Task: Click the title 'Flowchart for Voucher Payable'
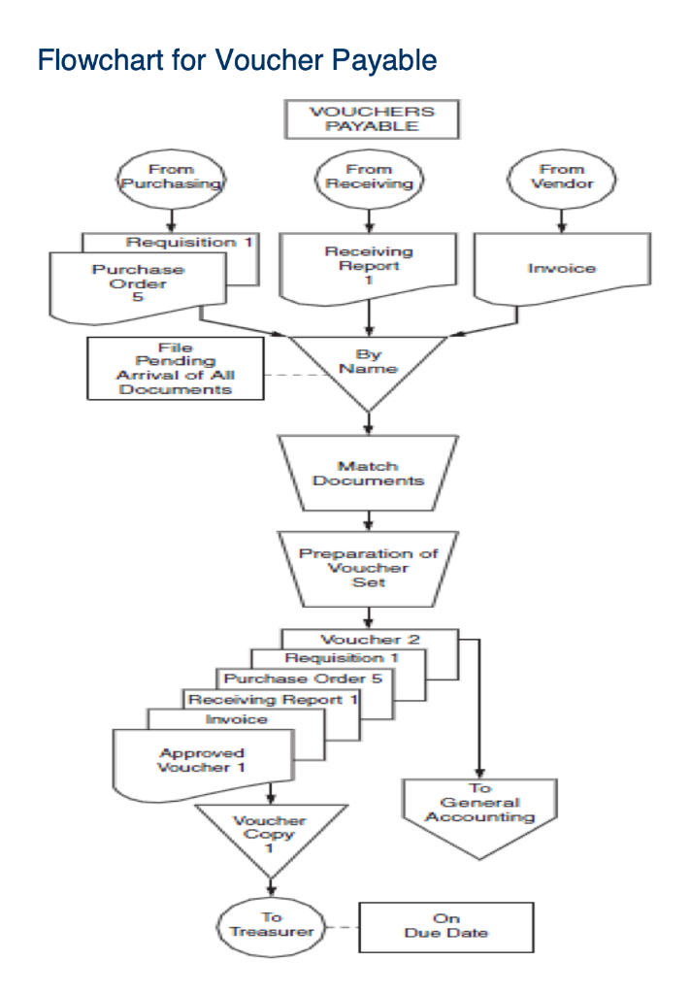coord(237,61)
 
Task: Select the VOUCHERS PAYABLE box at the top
coord(371,118)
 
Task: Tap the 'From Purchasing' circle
coord(172,178)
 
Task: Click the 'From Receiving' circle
coord(368,177)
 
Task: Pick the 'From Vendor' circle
coord(561,177)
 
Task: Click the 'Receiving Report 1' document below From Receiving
coord(368,265)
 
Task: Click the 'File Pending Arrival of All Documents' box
coord(176,368)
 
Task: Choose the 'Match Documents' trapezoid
coord(368,473)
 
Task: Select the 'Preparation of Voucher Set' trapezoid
coord(368,567)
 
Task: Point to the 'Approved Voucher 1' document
coord(202,760)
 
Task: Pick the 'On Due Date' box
coord(446,926)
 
